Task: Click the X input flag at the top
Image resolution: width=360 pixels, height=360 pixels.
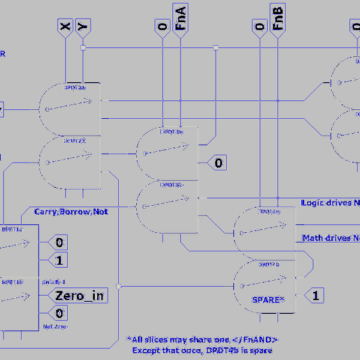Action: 65,25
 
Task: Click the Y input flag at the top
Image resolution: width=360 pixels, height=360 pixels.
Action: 83,25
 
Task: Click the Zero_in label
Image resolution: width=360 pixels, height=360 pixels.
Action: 79,295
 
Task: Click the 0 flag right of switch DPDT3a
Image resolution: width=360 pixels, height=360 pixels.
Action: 218,163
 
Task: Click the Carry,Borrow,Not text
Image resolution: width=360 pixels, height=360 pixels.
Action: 71,211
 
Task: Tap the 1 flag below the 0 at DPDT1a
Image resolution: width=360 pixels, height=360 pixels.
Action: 59,260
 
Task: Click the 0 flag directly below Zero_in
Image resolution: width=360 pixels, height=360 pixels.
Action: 59,313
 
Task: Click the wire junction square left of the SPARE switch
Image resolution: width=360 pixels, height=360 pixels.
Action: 119,286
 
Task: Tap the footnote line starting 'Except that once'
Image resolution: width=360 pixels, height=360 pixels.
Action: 202,350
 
